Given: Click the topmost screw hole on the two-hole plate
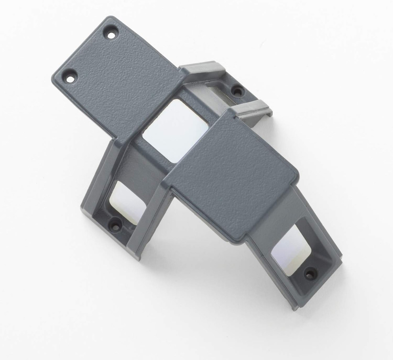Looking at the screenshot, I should pos(112,34).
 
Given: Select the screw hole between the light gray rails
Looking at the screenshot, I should pos(237,91).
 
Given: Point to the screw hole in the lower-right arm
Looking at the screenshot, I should pos(310,272).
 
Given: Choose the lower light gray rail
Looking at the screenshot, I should pos(252,109).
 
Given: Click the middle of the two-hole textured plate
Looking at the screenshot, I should pos(118,79).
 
